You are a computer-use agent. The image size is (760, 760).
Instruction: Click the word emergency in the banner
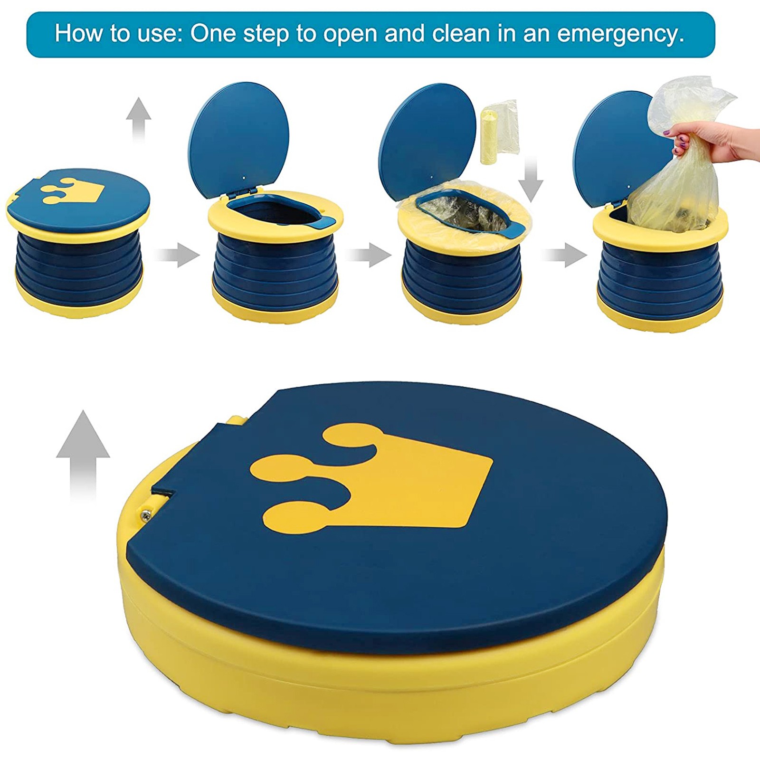click(621, 34)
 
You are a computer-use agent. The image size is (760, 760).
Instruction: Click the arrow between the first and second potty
click(177, 255)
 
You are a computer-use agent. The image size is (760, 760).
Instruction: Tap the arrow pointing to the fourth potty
click(564, 255)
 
